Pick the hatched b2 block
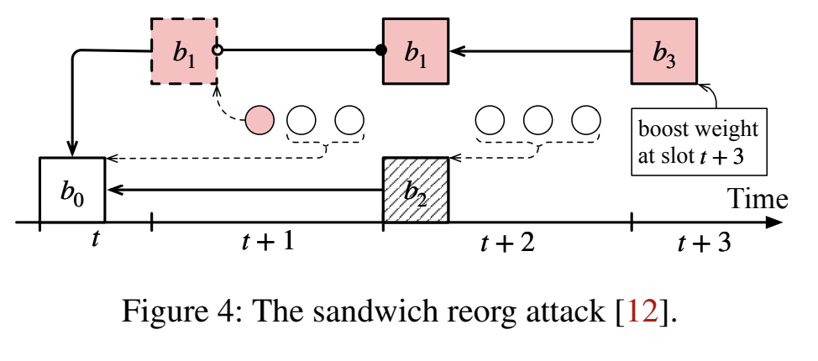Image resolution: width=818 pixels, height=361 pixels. pyautogui.click(x=415, y=190)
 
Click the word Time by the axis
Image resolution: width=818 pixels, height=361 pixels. pyautogui.click(x=757, y=198)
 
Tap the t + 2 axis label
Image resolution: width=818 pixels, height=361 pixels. pyautogui.click(x=506, y=243)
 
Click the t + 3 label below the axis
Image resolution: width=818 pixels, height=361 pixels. pyautogui.click(x=704, y=243)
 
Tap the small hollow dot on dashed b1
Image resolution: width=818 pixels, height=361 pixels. pyautogui.click(x=218, y=50)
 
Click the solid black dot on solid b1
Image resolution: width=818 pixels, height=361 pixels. pyautogui.click(x=381, y=50)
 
